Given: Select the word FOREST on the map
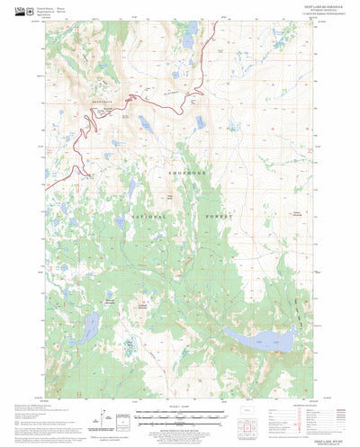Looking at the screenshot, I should pyautogui.click(x=216, y=218).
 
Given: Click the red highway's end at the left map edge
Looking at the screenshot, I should pyautogui.click(x=48, y=188).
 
